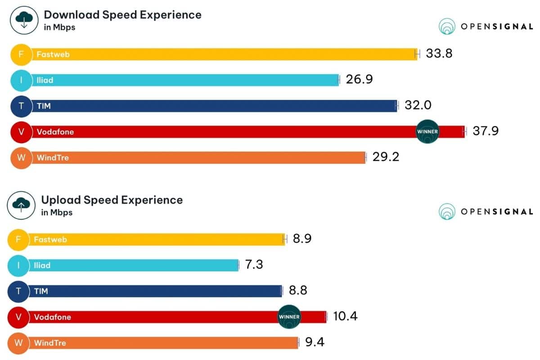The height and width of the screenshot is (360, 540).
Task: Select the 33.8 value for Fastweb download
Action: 439,54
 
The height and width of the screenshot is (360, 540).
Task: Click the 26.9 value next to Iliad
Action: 360,80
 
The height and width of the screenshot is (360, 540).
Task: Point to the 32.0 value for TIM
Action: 418,105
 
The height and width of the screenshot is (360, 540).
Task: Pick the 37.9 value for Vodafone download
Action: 486,131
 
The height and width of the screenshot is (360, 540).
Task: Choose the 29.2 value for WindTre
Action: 386,157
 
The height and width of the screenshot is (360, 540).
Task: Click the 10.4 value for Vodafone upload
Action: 345,316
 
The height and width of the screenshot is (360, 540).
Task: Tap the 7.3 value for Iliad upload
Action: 254,265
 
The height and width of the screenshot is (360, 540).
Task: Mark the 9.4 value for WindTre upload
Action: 315,342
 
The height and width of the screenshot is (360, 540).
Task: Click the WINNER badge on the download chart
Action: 427,131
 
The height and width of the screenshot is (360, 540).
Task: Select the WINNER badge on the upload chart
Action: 289,316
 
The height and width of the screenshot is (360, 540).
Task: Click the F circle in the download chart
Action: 21,54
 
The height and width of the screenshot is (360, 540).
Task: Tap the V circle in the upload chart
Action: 18,317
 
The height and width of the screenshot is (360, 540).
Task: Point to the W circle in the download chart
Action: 21,158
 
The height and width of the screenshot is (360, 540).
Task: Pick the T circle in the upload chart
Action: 18,291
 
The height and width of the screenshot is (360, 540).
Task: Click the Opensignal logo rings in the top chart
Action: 447,27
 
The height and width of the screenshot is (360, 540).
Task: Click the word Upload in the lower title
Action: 58,200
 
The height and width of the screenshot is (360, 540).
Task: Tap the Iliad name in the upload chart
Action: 42,265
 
